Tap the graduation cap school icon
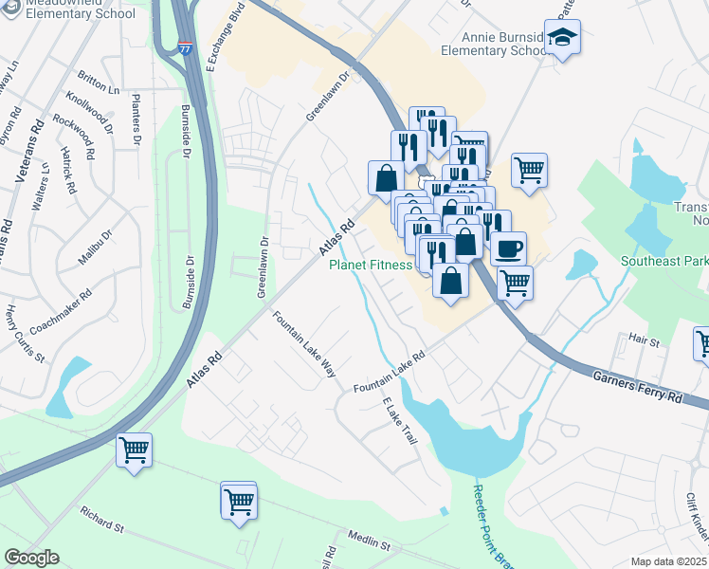pos(562,39)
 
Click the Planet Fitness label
pos(371,266)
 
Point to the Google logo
pos(31,558)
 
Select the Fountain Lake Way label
pos(304,343)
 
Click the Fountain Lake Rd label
pos(390,375)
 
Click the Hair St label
pos(643,338)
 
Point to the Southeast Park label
pos(664,261)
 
